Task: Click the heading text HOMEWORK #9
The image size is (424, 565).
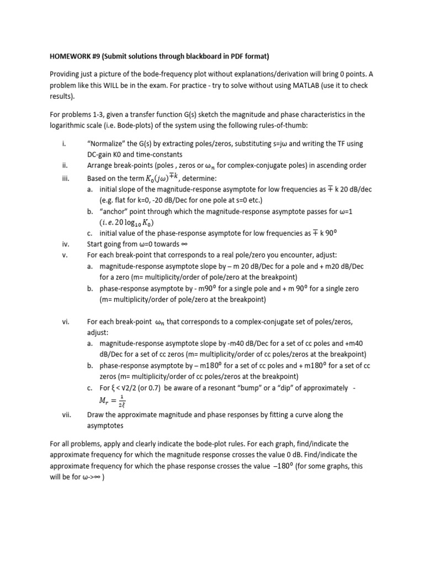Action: (75, 56)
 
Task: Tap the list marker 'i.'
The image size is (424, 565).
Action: (65, 144)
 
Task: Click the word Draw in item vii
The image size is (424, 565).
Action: (96, 414)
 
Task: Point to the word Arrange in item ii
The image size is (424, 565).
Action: (101, 166)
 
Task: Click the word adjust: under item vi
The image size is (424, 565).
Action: (98, 333)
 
